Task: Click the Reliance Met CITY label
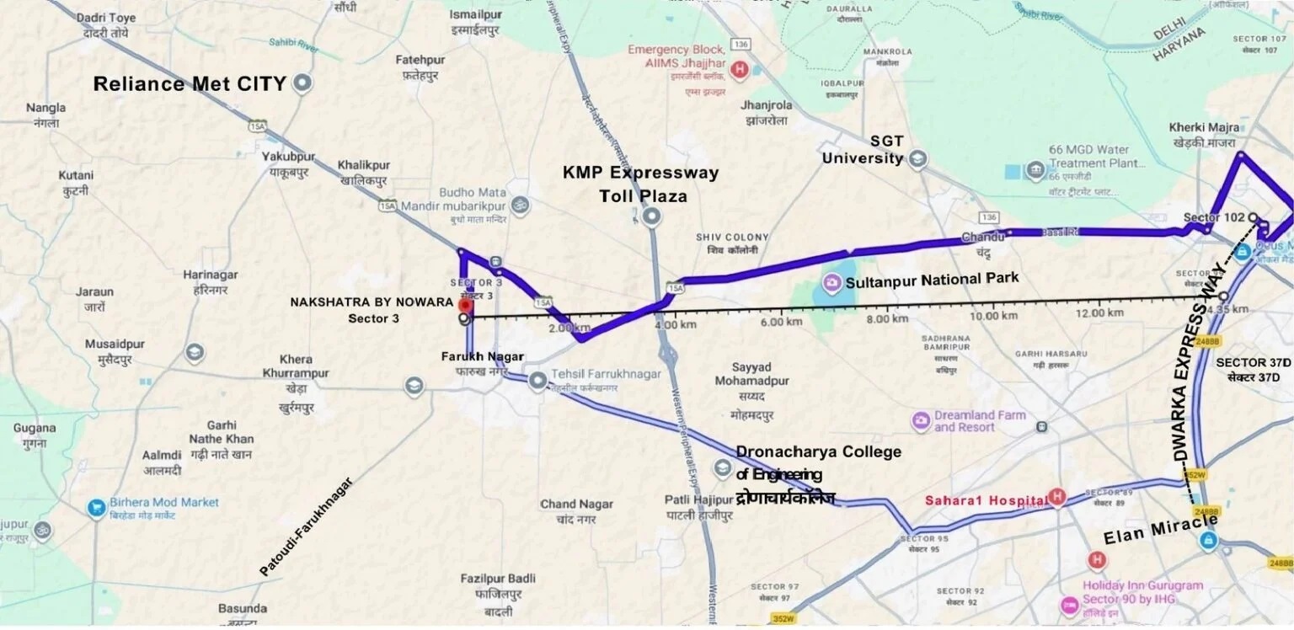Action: coord(190,84)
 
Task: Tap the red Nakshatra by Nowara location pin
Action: coord(463,304)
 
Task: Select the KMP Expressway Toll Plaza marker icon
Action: coord(651,217)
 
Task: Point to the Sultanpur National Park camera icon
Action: coord(831,280)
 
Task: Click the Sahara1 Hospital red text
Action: coord(986,500)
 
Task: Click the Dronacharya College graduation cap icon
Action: coord(722,468)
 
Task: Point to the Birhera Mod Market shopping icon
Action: coord(98,509)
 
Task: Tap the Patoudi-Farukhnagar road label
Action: coord(307,526)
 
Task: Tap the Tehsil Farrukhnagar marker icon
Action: coord(537,382)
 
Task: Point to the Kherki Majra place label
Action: coord(1202,134)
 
